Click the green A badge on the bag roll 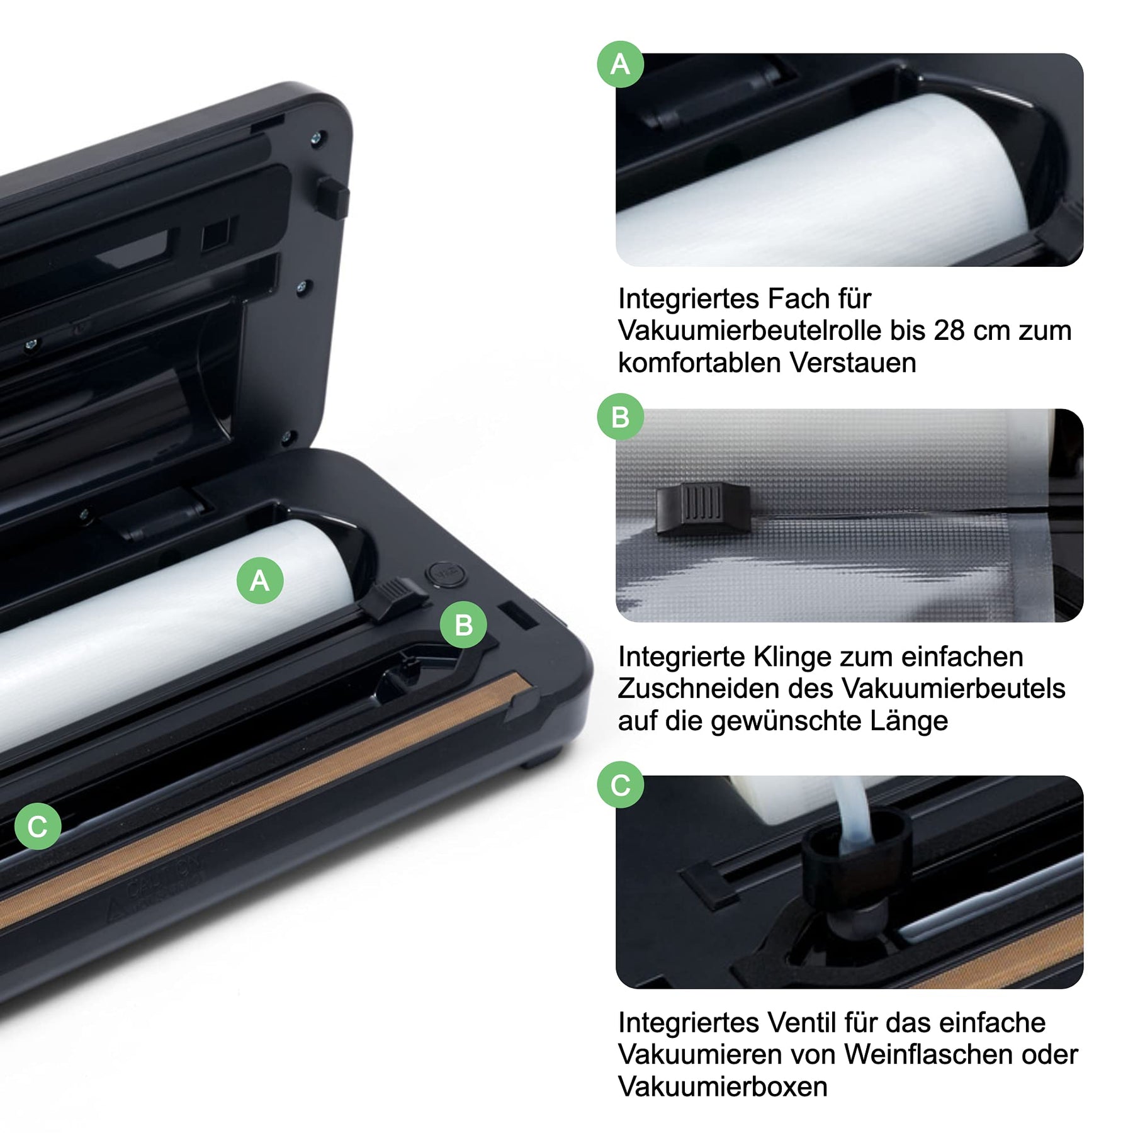click(260, 580)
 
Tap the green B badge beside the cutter click(463, 625)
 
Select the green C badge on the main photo click(38, 826)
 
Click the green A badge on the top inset click(621, 64)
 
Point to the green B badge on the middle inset click(621, 417)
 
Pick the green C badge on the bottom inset click(621, 784)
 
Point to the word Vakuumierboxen click(723, 1086)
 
